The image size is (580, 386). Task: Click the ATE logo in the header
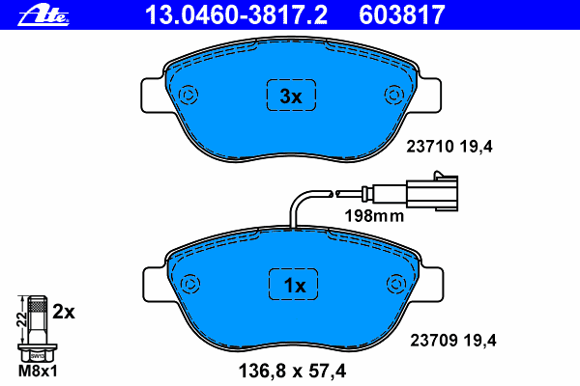click(43, 15)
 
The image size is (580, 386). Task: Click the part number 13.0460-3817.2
click(236, 15)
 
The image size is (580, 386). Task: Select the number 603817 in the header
click(402, 15)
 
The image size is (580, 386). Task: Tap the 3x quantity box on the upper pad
click(292, 95)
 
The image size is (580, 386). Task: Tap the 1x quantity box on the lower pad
click(293, 285)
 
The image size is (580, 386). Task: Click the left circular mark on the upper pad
click(188, 95)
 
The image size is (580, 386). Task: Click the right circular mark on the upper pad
click(394, 95)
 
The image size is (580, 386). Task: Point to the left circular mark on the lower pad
click(190, 284)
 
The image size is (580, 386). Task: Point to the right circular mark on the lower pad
click(396, 284)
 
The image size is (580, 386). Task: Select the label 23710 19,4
click(449, 147)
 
